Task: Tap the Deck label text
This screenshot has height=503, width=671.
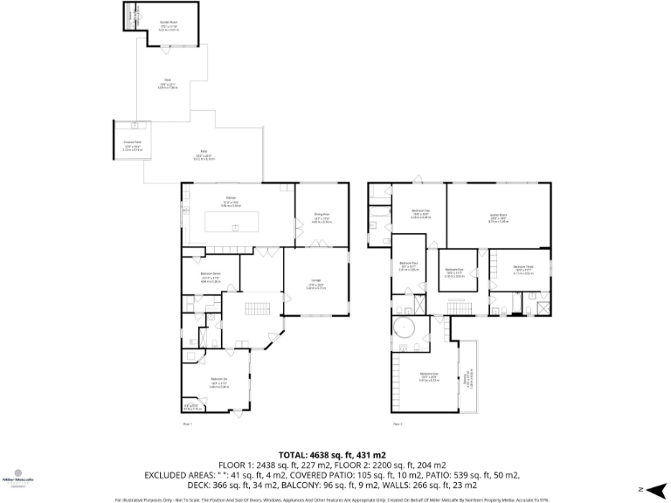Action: coord(167,83)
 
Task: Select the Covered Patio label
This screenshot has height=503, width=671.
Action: coord(133,144)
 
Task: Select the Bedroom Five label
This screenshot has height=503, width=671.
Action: coord(454,272)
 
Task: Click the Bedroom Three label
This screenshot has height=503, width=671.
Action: coord(523,268)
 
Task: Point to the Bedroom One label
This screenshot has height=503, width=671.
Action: coord(428,376)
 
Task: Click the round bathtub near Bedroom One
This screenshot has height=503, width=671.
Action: coord(405,329)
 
